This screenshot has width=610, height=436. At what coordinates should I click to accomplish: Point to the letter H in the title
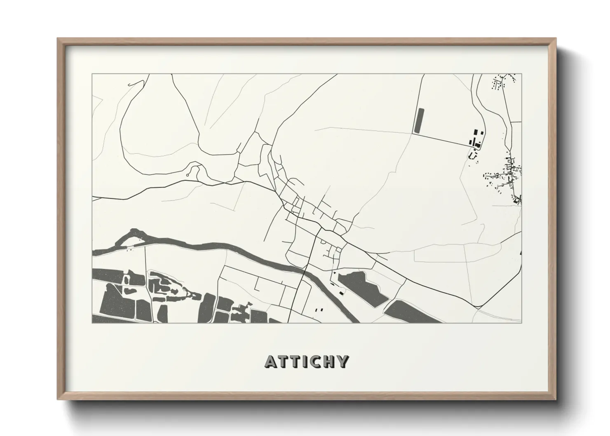(328, 361)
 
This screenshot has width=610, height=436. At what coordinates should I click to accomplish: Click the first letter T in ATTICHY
(282, 361)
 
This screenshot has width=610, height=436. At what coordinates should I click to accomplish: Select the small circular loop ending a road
(188, 175)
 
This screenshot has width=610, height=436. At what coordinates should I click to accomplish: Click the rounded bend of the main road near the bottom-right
(480, 306)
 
